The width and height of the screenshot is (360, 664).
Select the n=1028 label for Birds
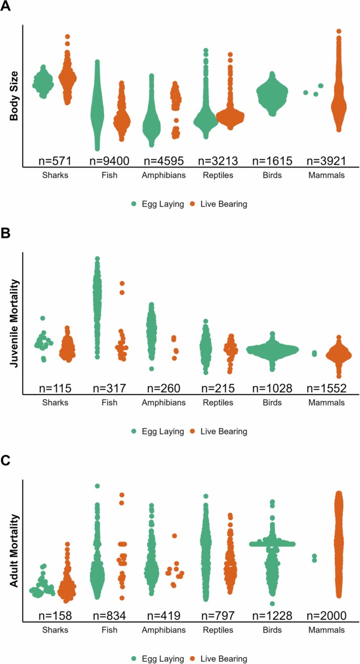272,388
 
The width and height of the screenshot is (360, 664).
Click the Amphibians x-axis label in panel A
163,176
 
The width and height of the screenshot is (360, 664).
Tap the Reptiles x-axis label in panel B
218,403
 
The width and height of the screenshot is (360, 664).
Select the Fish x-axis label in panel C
109,630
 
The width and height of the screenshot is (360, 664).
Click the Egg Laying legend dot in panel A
135,204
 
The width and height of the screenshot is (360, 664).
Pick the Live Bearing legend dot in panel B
192,431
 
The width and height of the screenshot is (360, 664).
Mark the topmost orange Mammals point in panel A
338,32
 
